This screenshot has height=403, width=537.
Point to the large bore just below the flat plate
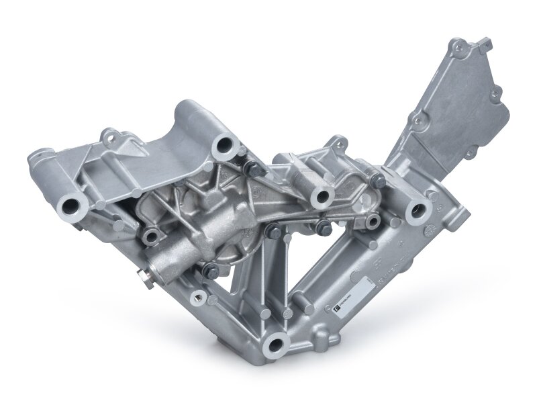coord(417,211)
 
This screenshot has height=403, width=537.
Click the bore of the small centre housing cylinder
coord(323,195)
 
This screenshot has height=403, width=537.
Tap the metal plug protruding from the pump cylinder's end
coord(142,275)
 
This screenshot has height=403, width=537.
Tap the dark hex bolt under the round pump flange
coord(209,270)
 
